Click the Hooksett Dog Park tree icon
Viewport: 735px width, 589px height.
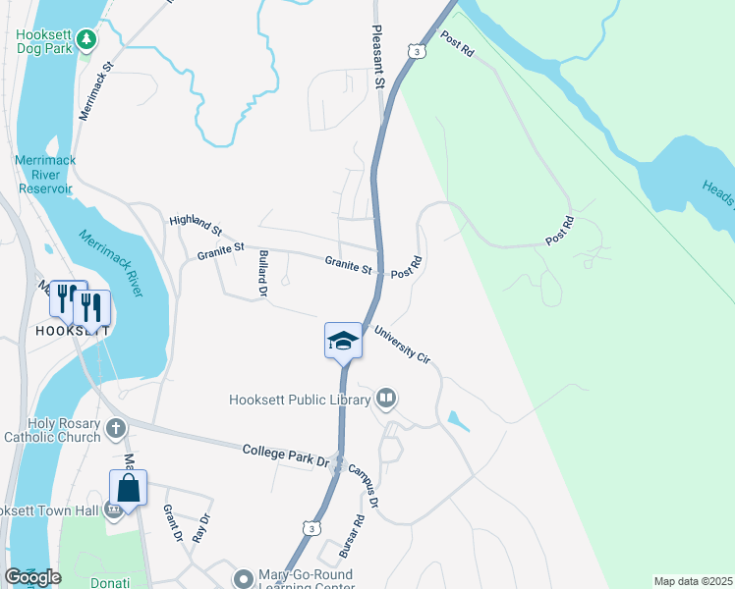point(87,38)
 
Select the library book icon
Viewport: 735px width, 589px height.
point(386,398)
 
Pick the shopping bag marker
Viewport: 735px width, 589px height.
point(129,487)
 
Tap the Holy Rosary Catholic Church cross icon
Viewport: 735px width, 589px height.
point(116,428)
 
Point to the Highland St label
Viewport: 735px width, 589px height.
point(196,226)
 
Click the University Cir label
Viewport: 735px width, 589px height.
point(403,345)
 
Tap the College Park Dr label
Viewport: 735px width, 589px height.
point(285,455)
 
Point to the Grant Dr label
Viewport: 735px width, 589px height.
point(172,522)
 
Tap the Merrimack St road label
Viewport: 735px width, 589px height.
point(97,93)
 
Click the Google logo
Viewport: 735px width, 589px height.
point(32,577)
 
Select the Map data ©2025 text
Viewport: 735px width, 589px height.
point(693,581)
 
